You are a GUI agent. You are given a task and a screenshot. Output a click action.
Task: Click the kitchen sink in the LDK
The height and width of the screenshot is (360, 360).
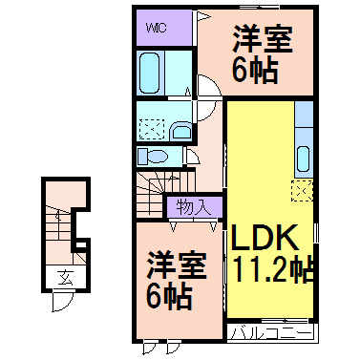click(305, 157)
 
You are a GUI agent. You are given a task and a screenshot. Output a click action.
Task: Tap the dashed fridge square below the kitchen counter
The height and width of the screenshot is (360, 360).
click(303, 190)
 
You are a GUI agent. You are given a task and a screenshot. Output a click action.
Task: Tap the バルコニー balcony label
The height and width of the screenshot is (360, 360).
click(271, 334)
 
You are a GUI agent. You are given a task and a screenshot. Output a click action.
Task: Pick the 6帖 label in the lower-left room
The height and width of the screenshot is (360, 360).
click(169, 298)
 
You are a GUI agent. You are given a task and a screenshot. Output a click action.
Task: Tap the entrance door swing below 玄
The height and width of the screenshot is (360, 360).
click(60, 300)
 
